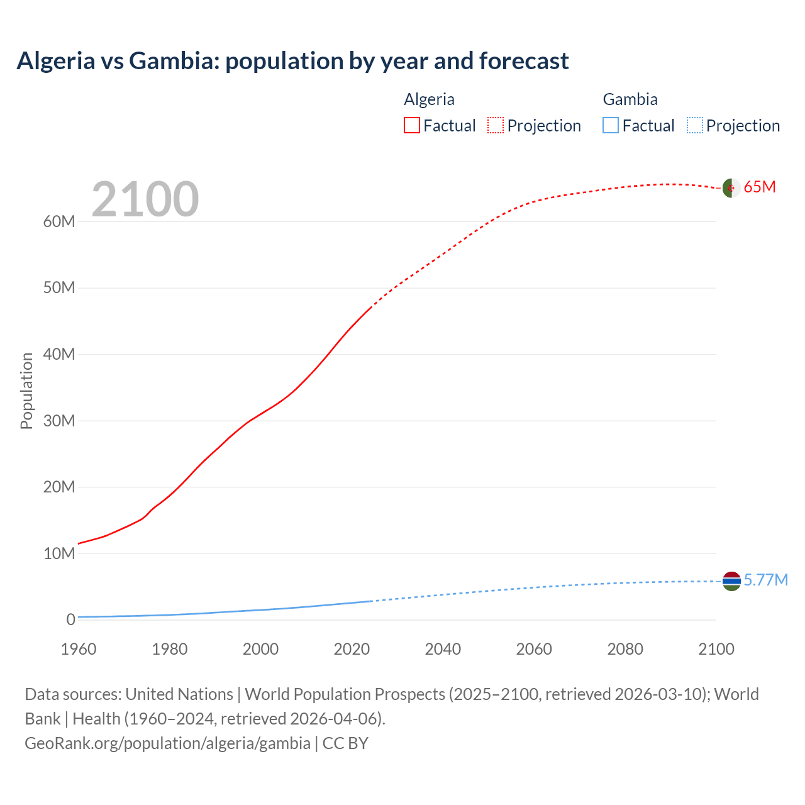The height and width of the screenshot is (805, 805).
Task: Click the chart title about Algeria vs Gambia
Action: point(292,61)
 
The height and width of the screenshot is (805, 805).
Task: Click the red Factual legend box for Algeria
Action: point(412,125)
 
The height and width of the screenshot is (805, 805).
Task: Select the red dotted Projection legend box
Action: point(496,125)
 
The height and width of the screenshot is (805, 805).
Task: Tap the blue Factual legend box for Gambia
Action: point(611,125)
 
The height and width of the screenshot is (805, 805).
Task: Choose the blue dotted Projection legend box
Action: point(694,125)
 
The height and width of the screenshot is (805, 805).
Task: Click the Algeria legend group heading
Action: point(429,99)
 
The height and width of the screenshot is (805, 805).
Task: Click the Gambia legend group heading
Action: point(630,99)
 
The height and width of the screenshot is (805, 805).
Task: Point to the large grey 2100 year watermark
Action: point(145,199)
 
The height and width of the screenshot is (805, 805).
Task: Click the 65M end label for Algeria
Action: point(760,187)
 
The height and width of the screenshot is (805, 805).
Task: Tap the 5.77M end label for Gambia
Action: point(765,580)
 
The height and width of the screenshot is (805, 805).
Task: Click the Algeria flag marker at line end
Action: point(731,187)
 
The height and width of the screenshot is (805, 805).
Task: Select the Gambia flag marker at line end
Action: point(731,581)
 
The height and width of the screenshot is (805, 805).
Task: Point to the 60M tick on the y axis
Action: point(59,221)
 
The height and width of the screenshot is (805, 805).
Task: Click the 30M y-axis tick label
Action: point(59,421)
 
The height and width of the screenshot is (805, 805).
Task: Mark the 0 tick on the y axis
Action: point(70,619)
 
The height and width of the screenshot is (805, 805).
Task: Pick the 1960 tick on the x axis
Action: point(79,649)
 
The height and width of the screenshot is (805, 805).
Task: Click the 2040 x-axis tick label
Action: point(443,649)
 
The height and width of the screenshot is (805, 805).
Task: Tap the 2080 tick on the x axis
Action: point(625,649)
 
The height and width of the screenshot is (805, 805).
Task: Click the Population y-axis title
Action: point(26,391)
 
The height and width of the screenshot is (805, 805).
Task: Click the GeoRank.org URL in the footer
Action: point(167,743)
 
